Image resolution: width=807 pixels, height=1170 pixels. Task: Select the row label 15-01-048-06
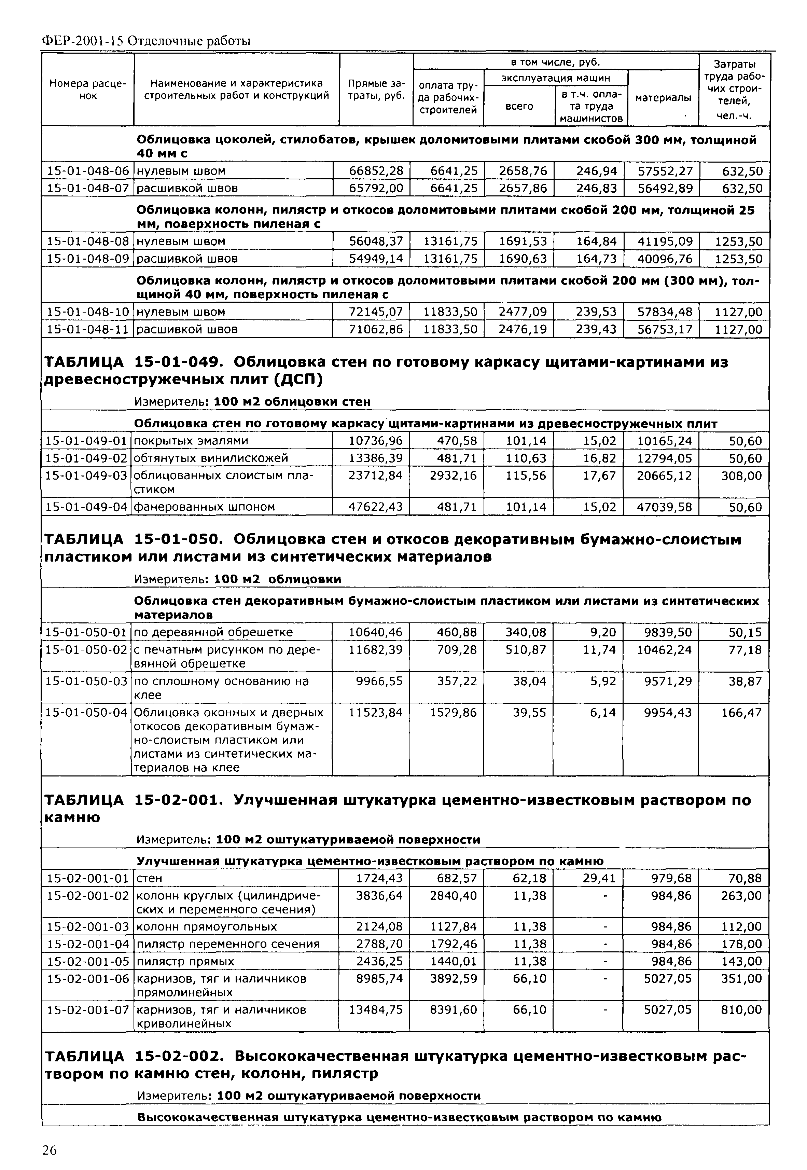87,171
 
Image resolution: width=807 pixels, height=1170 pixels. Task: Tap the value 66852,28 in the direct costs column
376,171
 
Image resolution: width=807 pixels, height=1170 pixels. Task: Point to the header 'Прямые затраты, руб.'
376,90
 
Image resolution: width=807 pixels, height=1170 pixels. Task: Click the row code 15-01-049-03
86,476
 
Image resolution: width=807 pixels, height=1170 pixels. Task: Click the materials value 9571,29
664,681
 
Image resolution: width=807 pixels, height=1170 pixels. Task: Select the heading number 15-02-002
179,1057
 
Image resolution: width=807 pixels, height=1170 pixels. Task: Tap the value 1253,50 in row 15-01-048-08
738,241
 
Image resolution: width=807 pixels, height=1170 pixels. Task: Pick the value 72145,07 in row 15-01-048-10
376,312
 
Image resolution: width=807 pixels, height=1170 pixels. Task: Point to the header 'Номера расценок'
88,90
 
